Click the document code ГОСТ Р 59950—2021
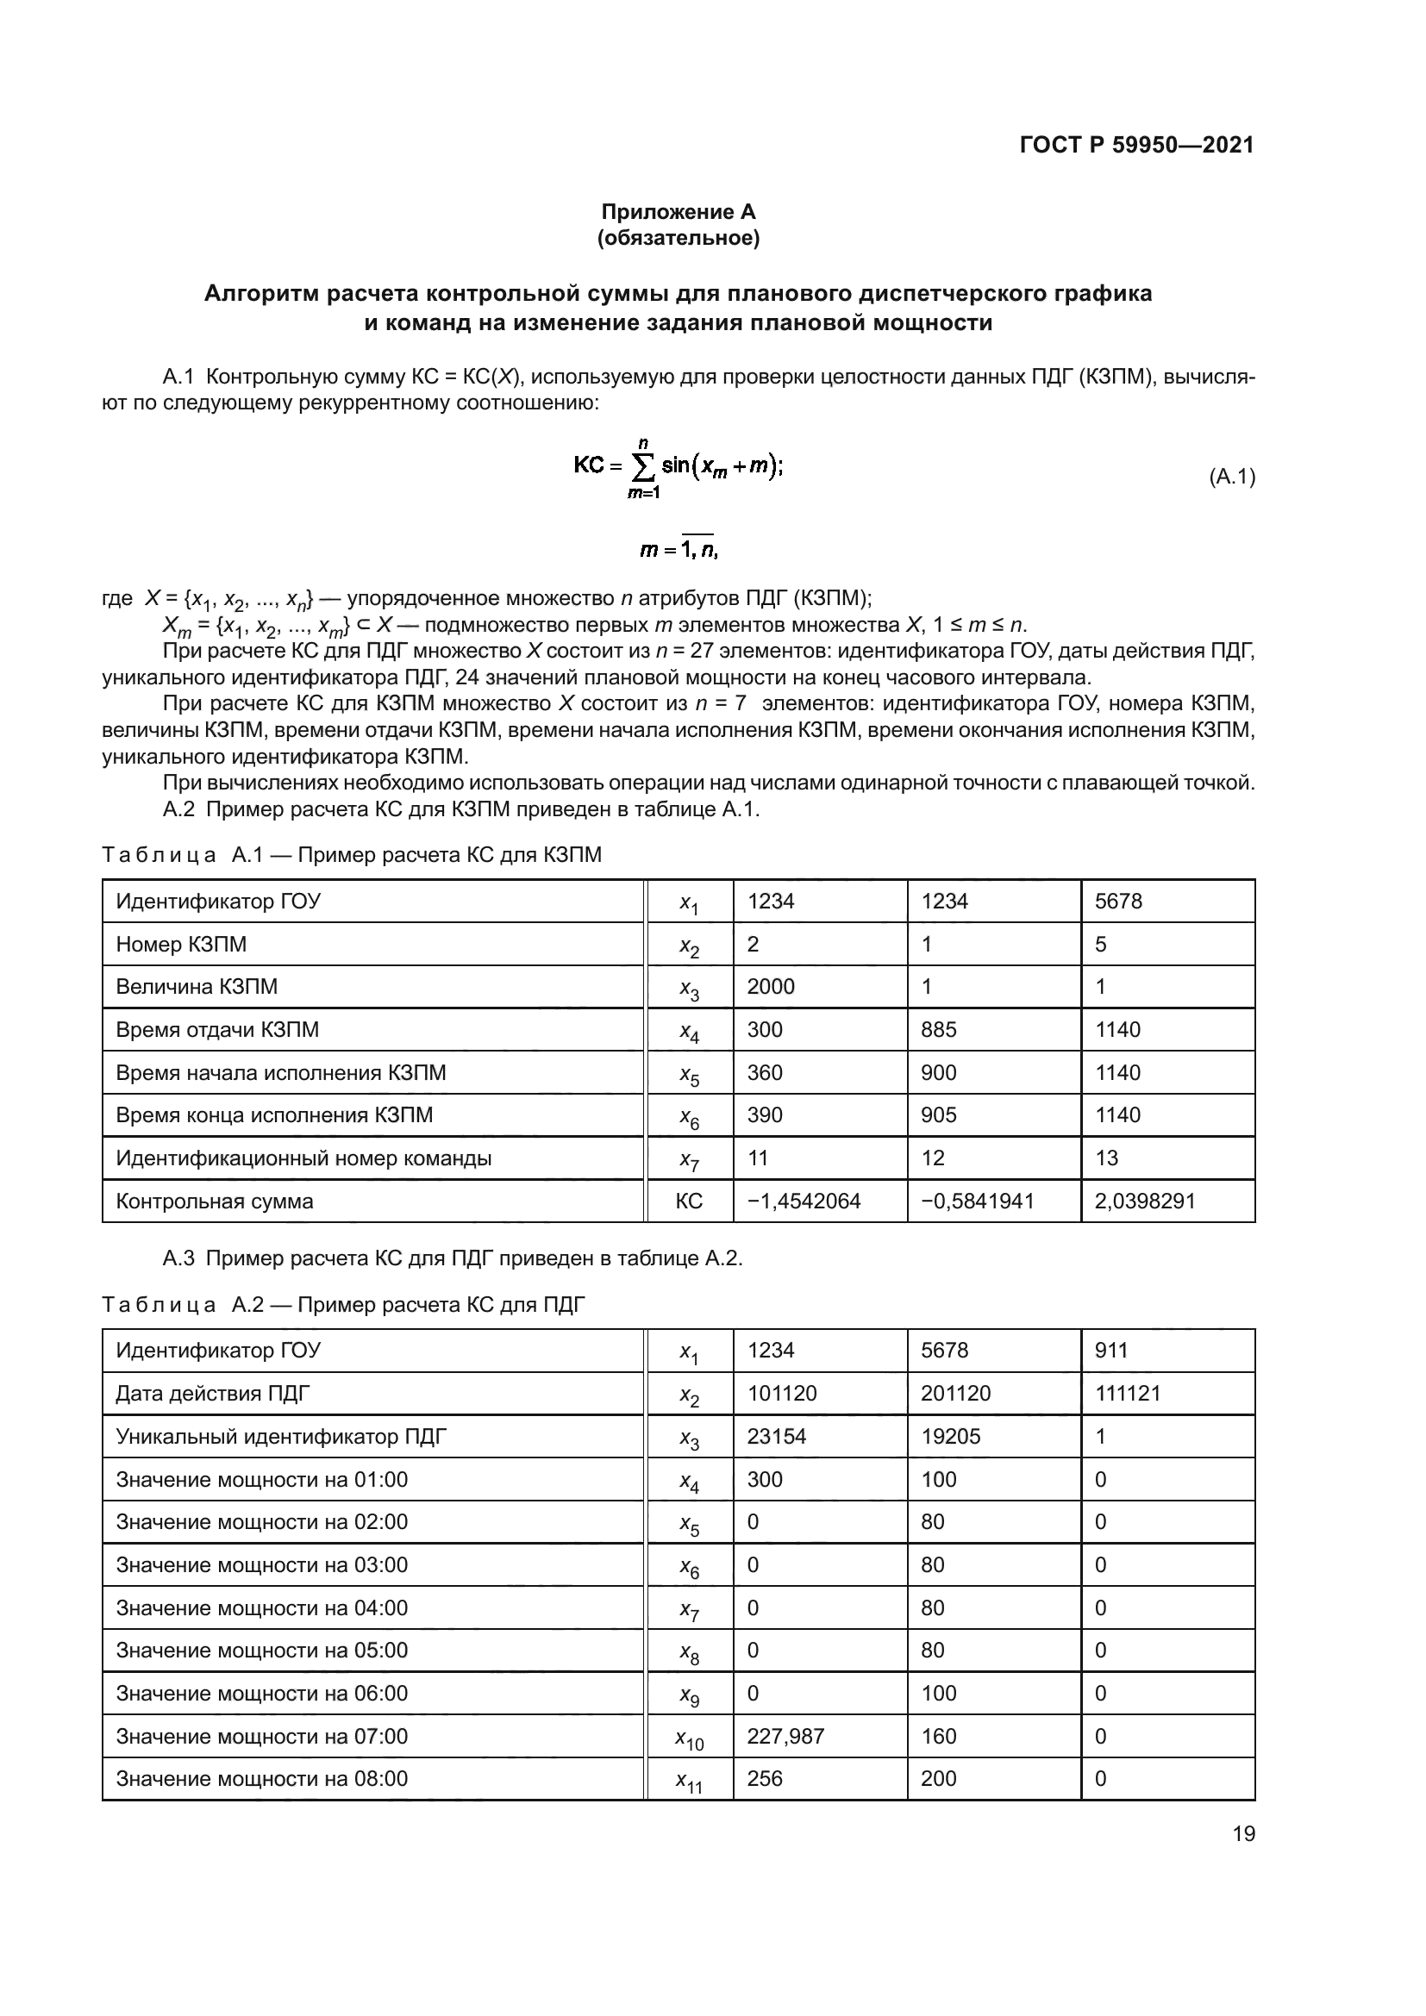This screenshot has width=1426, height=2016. pyautogui.click(x=1136, y=145)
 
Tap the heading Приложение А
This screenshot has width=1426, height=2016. pyautogui.click(x=678, y=212)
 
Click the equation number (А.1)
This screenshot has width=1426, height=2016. pyautogui.click(x=1232, y=477)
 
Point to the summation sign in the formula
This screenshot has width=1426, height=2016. pyautogui.click(x=643, y=467)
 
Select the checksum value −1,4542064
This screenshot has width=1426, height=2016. pyautogui.click(x=804, y=1201)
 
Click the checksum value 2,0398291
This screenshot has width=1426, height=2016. pyautogui.click(x=1144, y=1201)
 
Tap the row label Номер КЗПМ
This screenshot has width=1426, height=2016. pyautogui.click(x=181, y=944)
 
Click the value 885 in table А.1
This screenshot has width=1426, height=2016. pyautogui.click(x=938, y=1029)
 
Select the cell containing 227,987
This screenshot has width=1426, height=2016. pyautogui.click(x=785, y=1736)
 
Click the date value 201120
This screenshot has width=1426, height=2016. pyautogui.click(x=955, y=1394)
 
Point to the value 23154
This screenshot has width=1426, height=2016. pyautogui.click(x=776, y=1437)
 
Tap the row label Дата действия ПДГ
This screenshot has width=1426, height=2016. pyautogui.click(x=212, y=1394)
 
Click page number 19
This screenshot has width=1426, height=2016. pyautogui.click(x=1243, y=1833)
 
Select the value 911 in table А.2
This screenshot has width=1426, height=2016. pyautogui.click(x=1110, y=1351)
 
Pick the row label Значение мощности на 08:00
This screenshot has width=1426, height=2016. pyautogui.click(x=262, y=1779)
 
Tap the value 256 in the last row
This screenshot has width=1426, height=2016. pyautogui.click(x=764, y=1779)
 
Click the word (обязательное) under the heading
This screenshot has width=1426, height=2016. pyautogui.click(x=678, y=238)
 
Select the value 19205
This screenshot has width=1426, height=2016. pyautogui.click(x=950, y=1437)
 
